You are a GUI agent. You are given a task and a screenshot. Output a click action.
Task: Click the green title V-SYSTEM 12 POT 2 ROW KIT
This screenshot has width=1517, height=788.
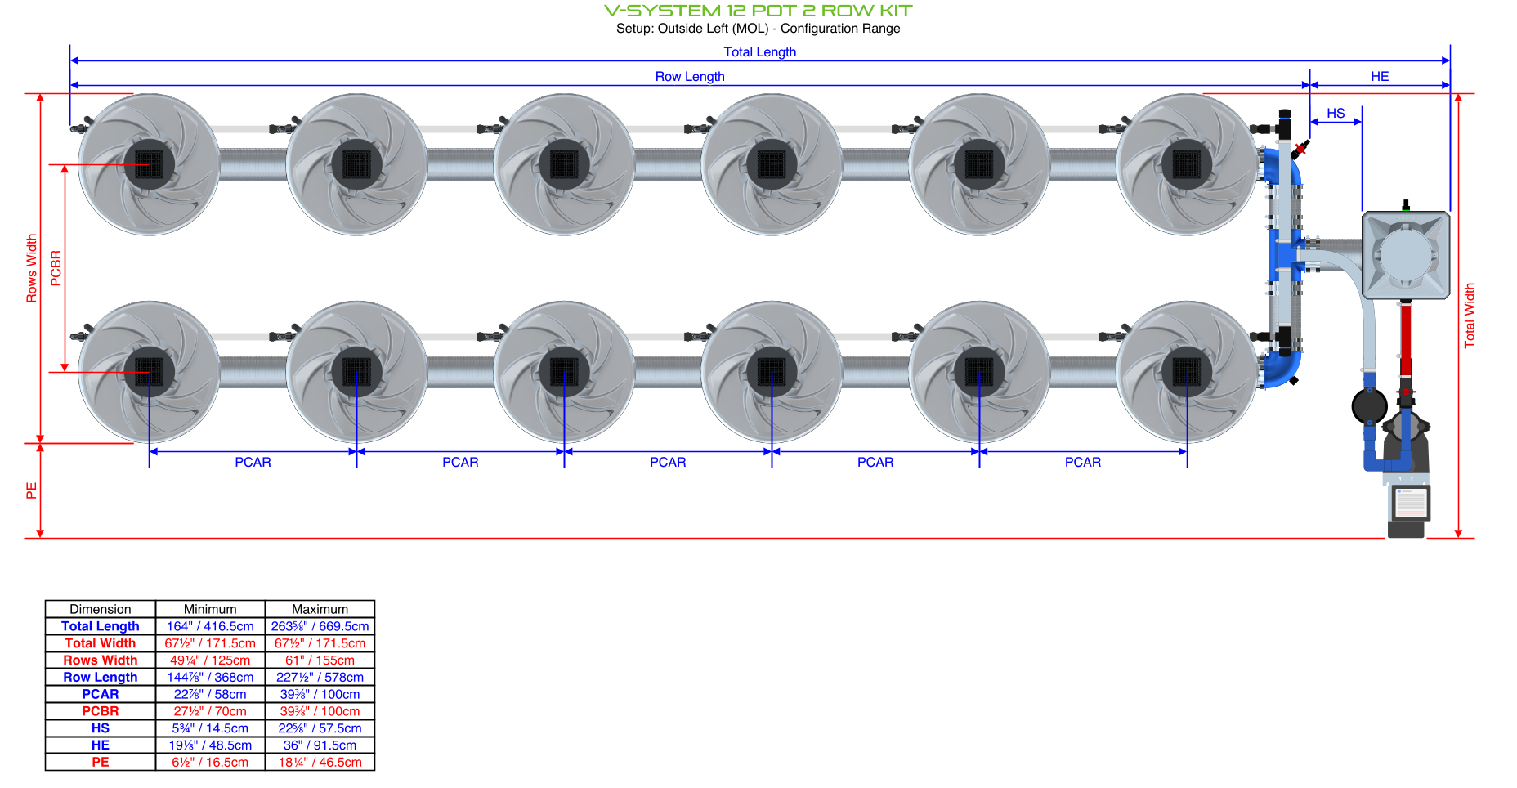point(758,11)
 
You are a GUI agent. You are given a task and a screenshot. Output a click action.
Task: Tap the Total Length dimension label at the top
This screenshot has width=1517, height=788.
point(759,52)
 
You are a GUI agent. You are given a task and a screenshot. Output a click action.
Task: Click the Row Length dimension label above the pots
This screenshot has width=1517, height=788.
point(690,77)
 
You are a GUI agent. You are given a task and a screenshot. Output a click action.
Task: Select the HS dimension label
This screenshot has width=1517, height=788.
point(1336,114)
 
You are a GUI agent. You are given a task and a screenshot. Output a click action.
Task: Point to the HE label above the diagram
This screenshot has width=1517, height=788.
point(1380,77)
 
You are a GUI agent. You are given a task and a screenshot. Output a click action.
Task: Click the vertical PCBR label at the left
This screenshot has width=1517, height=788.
point(56,268)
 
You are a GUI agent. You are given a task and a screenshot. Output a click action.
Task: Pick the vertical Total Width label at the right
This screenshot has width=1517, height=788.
point(1470,316)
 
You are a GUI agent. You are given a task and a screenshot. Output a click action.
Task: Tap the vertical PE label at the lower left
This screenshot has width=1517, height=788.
point(32,490)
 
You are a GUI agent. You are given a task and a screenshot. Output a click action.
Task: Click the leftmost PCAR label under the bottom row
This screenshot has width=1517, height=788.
point(253,463)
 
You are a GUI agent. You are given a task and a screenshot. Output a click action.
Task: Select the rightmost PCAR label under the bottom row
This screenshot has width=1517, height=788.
point(1082,463)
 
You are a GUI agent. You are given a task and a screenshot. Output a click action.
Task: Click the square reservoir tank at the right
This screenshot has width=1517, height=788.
point(1406,255)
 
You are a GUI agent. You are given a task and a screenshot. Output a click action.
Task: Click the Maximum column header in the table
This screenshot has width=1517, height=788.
point(320,609)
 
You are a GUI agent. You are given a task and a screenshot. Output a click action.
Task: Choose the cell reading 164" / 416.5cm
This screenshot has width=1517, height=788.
point(210,626)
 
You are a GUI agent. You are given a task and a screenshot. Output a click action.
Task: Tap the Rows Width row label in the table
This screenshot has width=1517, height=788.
point(101,660)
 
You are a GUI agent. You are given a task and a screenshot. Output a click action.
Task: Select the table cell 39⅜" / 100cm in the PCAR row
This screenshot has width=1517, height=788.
point(320,694)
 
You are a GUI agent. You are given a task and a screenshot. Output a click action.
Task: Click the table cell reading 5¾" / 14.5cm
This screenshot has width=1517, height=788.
point(210,728)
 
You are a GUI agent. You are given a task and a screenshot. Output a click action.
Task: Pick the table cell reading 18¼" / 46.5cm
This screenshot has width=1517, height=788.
point(320,763)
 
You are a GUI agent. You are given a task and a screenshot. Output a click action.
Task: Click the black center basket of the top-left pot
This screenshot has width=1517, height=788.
point(149,164)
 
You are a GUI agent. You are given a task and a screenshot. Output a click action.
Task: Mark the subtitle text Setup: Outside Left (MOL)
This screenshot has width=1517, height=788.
point(691,29)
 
